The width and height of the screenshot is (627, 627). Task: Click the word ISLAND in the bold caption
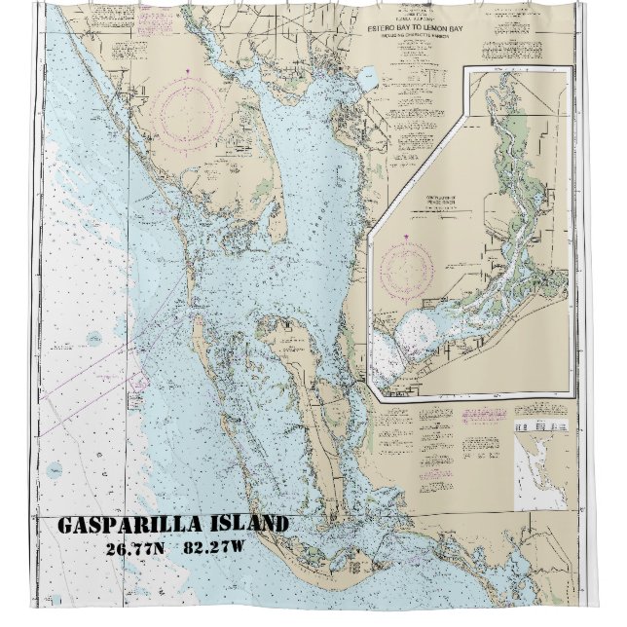[x=251, y=525]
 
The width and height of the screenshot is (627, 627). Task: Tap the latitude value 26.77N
[x=136, y=548]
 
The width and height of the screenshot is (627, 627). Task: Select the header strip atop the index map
[x=541, y=426]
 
